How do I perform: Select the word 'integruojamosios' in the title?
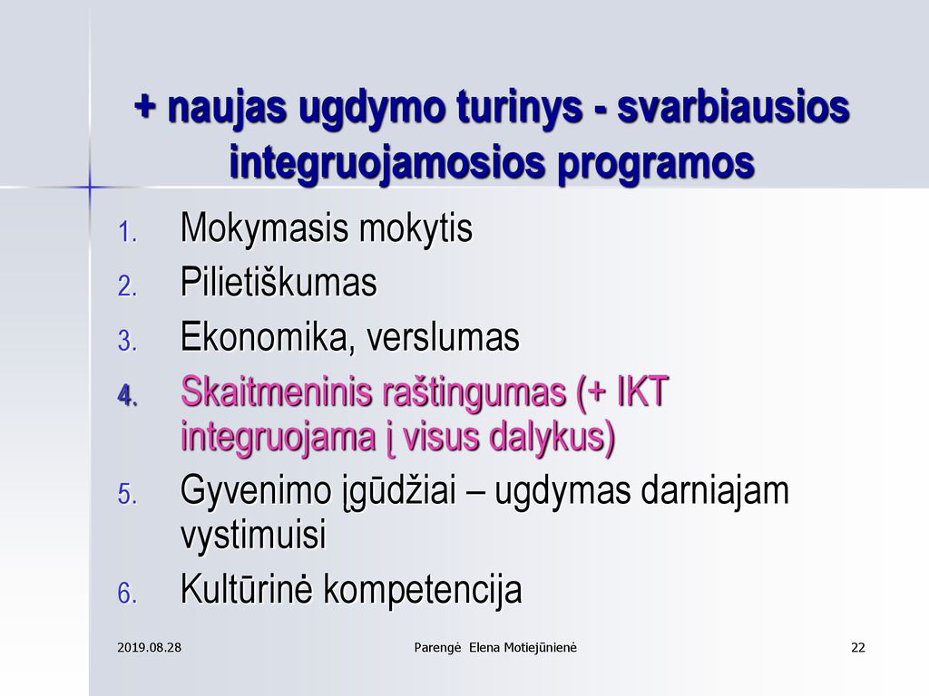(x=386, y=162)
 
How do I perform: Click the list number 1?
(x=127, y=232)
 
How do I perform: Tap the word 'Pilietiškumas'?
(x=279, y=282)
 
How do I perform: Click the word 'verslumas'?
(x=443, y=337)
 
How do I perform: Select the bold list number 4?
(x=128, y=395)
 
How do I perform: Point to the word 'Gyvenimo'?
(x=255, y=490)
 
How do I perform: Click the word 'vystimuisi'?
(x=254, y=535)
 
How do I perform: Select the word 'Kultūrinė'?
(x=245, y=588)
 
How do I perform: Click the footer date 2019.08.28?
(x=150, y=647)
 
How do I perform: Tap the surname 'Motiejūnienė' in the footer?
(x=540, y=647)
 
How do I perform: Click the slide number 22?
(x=858, y=647)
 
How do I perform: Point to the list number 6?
(x=127, y=594)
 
